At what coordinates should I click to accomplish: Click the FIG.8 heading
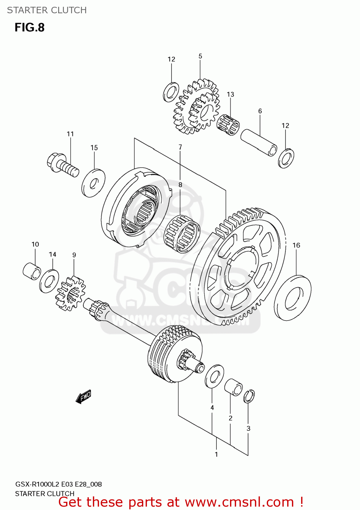tap(30, 28)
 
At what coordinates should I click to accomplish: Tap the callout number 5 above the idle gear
tap(200, 56)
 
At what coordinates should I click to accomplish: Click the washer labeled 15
tap(93, 183)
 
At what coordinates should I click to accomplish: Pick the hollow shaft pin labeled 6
tap(259, 142)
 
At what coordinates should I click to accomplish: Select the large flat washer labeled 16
tap(293, 298)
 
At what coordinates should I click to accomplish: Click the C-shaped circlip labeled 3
tap(249, 396)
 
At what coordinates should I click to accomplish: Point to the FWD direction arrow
tap(83, 396)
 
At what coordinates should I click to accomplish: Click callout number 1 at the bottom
tap(216, 454)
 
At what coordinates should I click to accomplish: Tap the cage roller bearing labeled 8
tap(182, 234)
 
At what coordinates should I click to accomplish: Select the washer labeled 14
tap(49, 281)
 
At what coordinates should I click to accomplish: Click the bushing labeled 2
tap(233, 387)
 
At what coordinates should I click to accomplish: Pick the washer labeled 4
tap(214, 376)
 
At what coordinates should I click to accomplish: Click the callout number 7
tap(180, 147)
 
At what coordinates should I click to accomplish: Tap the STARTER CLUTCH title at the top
tap(47, 10)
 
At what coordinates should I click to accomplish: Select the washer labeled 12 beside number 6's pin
tap(286, 158)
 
